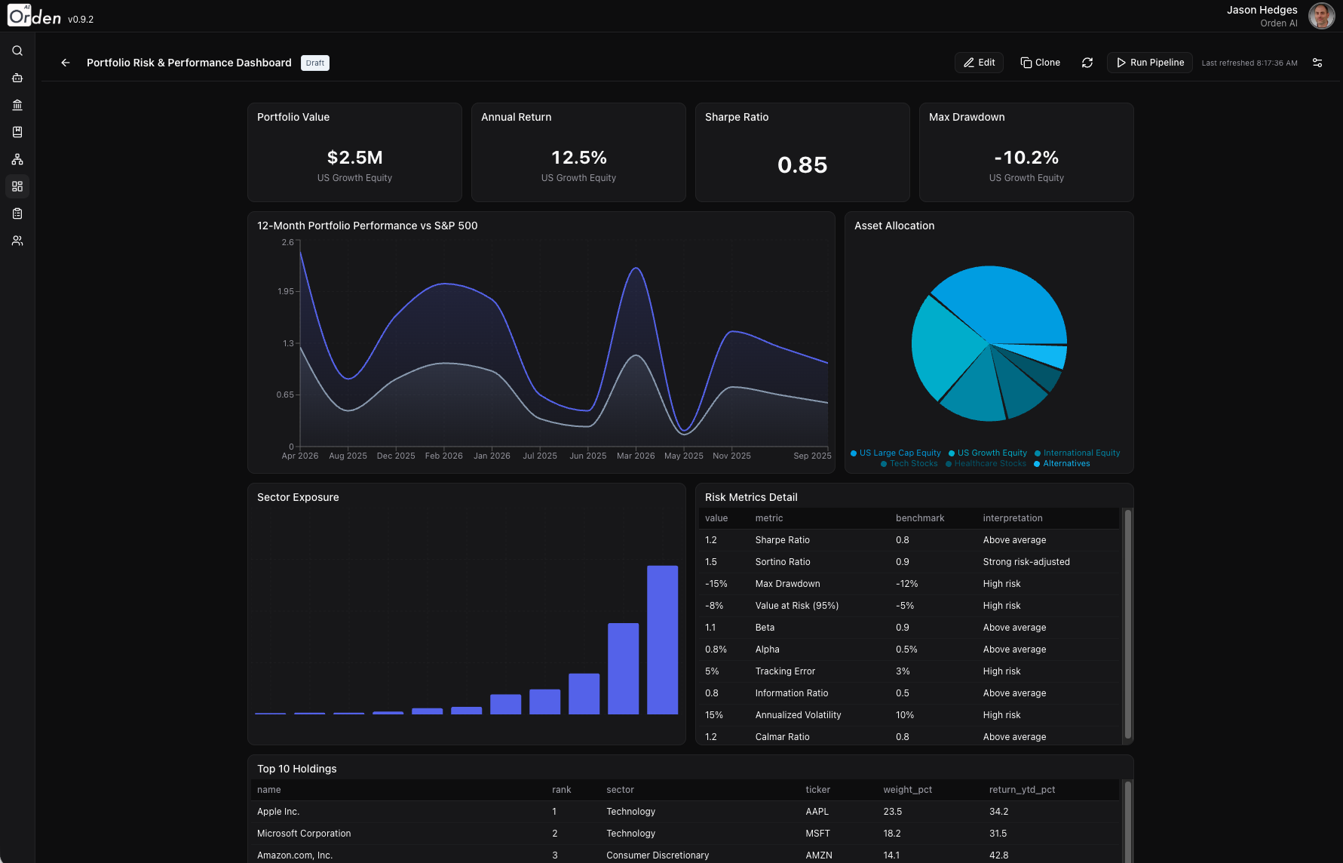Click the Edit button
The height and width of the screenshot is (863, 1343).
(979, 63)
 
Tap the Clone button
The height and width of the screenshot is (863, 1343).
(1040, 63)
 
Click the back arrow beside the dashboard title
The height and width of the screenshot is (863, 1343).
(66, 63)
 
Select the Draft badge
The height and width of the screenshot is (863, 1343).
(315, 63)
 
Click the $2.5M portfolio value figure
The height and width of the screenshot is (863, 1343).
(354, 158)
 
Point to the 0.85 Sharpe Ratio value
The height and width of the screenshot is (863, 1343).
(802, 165)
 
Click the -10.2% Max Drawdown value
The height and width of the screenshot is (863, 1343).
(1026, 158)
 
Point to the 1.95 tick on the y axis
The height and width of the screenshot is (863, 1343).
(286, 291)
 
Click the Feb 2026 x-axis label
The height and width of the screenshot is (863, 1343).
(443, 456)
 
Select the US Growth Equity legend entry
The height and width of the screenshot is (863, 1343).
(992, 453)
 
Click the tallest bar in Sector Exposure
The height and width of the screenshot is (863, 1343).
(662, 640)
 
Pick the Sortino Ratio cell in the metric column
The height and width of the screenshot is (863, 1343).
(783, 562)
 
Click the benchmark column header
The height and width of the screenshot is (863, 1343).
(919, 518)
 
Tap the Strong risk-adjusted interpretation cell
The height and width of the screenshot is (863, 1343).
(1026, 562)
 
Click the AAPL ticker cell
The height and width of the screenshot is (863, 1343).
(817, 812)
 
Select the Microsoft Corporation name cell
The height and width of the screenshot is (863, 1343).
(304, 834)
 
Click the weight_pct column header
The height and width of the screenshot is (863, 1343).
(907, 790)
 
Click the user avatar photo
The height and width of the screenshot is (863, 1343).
(1320, 16)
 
